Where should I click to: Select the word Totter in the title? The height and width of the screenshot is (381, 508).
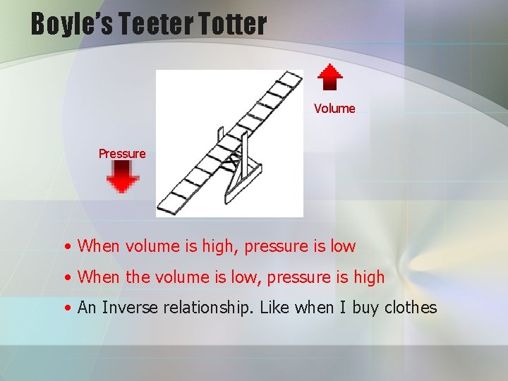(237, 24)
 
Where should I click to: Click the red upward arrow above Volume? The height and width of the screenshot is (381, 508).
(329, 77)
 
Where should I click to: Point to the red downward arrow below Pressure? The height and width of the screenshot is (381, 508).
(123, 176)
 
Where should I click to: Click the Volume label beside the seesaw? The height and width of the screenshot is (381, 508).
(334, 109)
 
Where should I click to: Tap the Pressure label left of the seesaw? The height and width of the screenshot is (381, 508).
(122, 154)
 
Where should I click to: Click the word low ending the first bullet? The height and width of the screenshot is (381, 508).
(343, 246)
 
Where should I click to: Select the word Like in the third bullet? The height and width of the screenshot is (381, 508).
(277, 308)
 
